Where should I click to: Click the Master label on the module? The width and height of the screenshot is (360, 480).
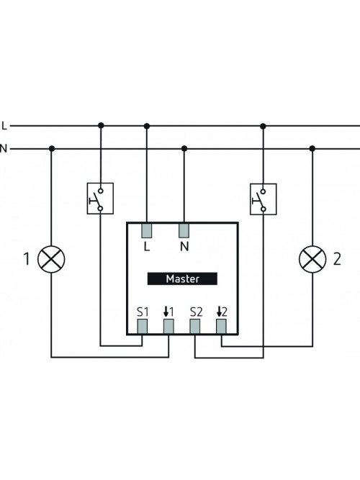click(x=182, y=279)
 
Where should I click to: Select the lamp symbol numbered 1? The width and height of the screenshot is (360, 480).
click(x=51, y=259)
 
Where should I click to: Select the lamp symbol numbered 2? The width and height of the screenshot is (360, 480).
click(x=312, y=259)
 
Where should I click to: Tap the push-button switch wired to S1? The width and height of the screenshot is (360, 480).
click(x=100, y=199)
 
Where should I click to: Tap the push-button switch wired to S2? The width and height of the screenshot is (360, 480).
click(x=264, y=199)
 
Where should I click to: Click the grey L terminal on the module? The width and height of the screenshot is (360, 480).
click(x=147, y=230)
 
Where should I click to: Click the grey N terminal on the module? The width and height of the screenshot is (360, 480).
click(x=184, y=230)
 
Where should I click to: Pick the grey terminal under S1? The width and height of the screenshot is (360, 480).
click(x=142, y=326)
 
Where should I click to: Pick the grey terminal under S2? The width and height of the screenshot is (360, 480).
click(x=195, y=326)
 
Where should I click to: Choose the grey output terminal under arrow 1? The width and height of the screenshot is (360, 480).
click(x=168, y=326)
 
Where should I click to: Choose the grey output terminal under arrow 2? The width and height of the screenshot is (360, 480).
click(x=221, y=326)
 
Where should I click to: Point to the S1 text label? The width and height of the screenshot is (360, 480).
click(x=143, y=312)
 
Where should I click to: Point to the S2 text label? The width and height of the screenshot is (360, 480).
click(x=196, y=312)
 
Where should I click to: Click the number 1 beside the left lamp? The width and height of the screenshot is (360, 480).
click(x=27, y=258)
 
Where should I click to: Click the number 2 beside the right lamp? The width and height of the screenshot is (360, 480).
click(x=337, y=258)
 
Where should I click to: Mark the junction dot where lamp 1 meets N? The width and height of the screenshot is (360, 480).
click(x=52, y=149)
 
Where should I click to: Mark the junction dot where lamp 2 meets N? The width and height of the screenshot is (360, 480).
click(x=312, y=149)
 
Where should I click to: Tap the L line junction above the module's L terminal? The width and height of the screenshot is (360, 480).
click(x=147, y=126)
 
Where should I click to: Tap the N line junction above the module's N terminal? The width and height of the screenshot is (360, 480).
click(x=184, y=149)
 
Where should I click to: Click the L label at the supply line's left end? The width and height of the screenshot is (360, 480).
click(x=4, y=125)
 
